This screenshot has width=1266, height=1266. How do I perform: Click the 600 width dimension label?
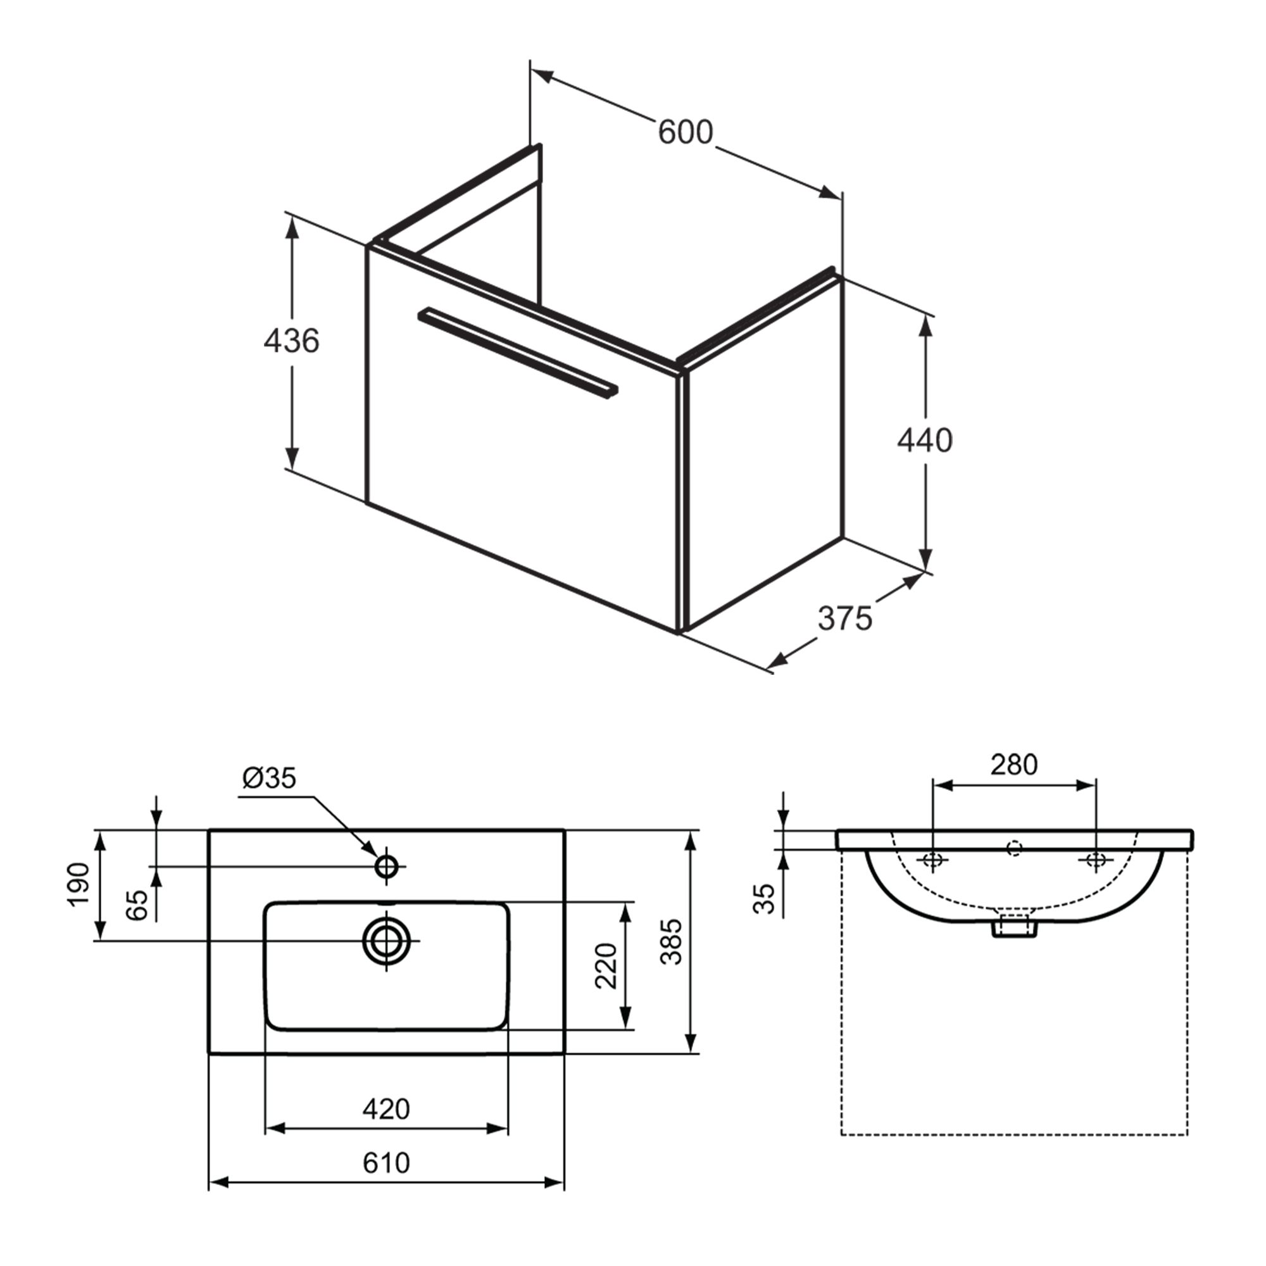685,132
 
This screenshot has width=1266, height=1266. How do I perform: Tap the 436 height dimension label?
291,341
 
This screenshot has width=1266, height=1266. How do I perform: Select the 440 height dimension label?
925,441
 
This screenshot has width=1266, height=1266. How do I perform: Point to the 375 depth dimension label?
844,618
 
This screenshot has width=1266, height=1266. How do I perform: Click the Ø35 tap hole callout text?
268,778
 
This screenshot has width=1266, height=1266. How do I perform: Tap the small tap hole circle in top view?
387,867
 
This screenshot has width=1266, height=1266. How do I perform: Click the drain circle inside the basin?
387,941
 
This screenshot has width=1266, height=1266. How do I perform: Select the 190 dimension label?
78,885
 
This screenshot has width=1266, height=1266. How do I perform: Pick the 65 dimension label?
137,905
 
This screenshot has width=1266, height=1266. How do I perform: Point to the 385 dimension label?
672,942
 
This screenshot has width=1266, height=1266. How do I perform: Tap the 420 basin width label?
386,1109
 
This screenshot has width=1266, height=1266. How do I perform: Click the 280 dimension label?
1013,764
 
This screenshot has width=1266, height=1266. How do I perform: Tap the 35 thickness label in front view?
764,898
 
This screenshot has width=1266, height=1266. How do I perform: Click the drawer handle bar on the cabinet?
518,351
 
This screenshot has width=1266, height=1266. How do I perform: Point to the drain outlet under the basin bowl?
1013,927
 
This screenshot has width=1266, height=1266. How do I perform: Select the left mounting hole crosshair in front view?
932,860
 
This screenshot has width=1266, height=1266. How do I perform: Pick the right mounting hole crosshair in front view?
1095,860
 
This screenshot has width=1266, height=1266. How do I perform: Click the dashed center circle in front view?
1014,849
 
